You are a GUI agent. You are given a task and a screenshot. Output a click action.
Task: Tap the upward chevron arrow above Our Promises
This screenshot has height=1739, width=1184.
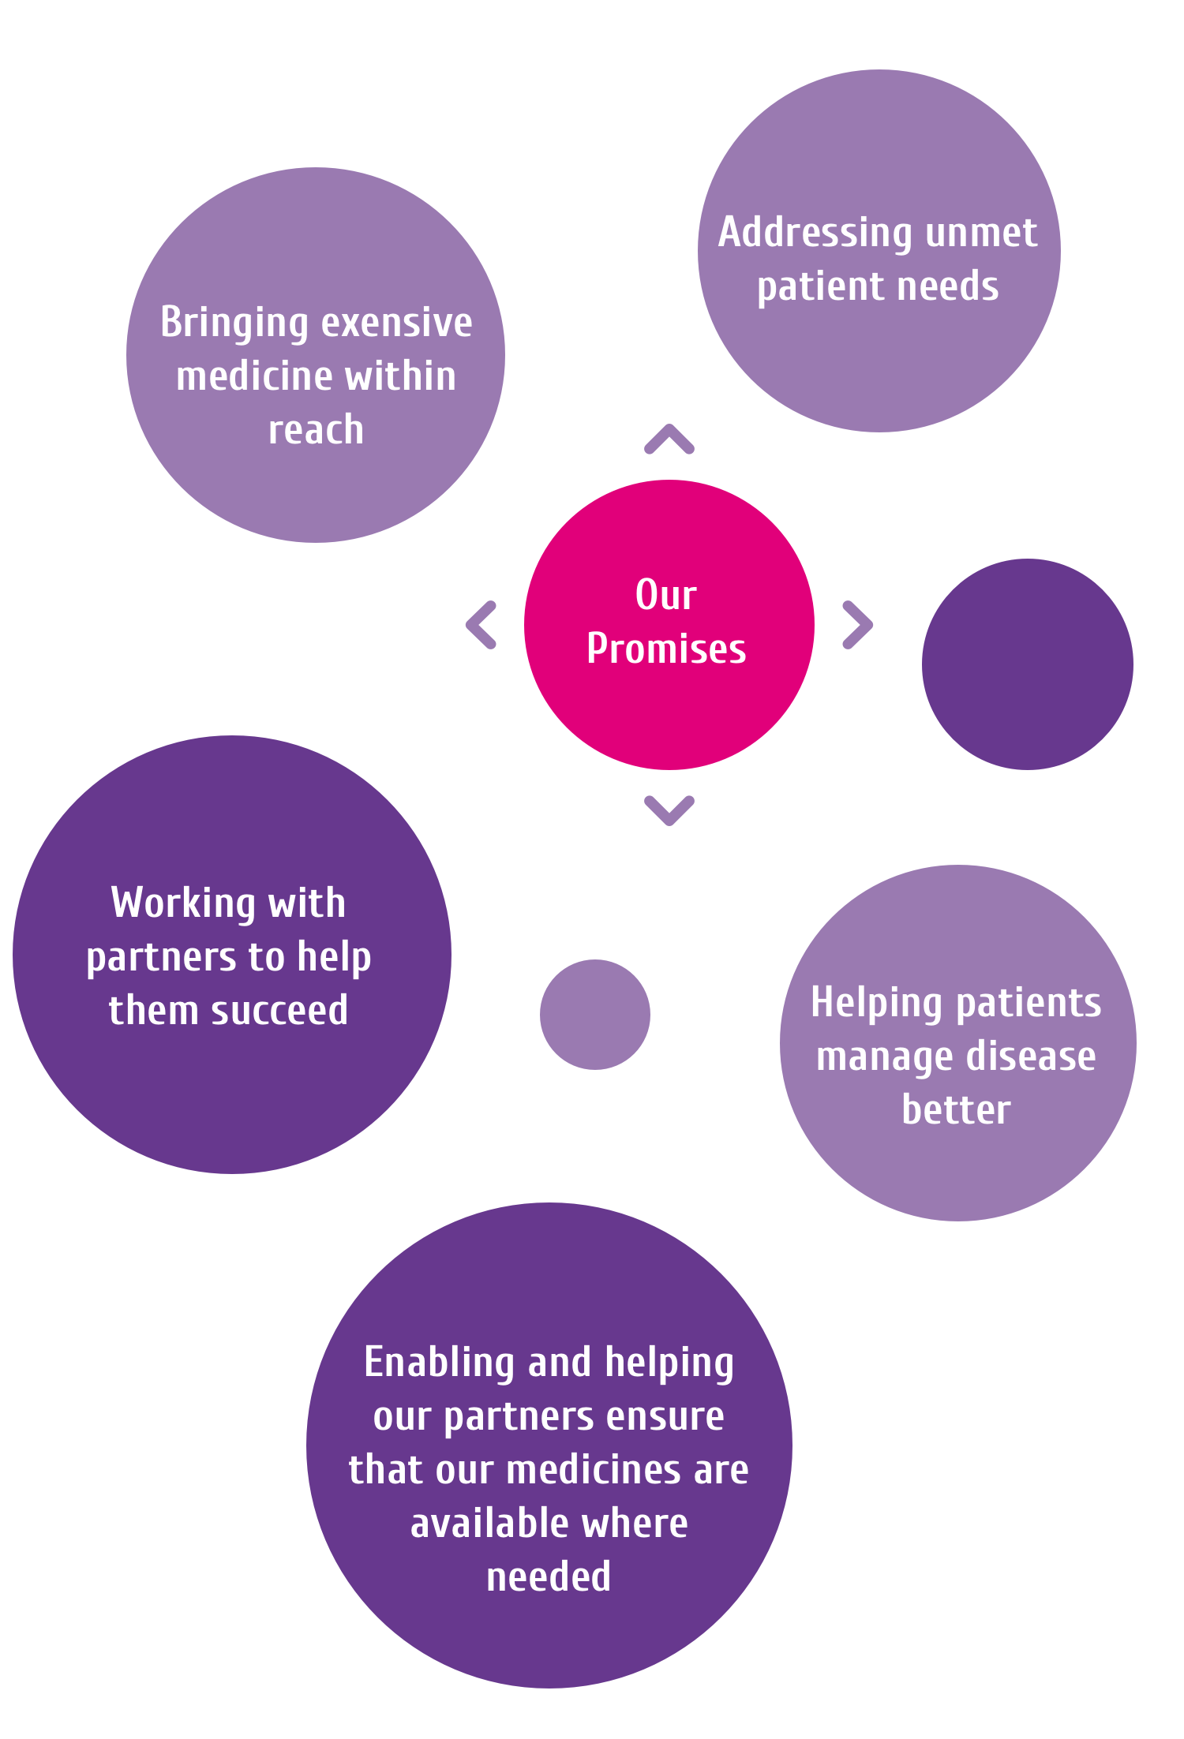coord(669,439)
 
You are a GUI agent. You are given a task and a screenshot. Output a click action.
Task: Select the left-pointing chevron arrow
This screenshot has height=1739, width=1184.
coord(481,625)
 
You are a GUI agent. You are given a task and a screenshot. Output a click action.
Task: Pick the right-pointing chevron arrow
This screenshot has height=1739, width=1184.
coord(857,625)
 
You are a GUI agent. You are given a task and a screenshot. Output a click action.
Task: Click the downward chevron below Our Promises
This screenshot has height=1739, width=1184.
coord(669,810)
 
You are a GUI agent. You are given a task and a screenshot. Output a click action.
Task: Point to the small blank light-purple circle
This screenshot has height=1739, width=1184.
coord(595,1015)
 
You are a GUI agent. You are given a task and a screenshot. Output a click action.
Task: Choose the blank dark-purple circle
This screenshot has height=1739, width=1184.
coord(1027,664)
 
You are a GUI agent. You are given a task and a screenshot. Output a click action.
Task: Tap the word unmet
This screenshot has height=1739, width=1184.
coord(981,234)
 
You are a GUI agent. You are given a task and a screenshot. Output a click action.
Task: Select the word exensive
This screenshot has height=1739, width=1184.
coord(396,323)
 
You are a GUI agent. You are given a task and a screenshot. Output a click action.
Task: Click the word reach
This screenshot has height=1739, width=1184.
coord(316,430)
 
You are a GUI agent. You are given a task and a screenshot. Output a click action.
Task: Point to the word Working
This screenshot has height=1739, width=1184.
coord(183,903)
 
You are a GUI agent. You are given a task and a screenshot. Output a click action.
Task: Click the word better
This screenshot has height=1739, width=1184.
coord(956,1110)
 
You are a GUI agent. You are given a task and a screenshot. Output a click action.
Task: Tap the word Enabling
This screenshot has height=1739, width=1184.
coord(439,1363)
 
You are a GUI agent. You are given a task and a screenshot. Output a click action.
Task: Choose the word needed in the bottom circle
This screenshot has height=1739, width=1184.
coord(549,1577)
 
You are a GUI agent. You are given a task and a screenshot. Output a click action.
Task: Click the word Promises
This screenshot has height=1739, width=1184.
coord(666,649)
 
